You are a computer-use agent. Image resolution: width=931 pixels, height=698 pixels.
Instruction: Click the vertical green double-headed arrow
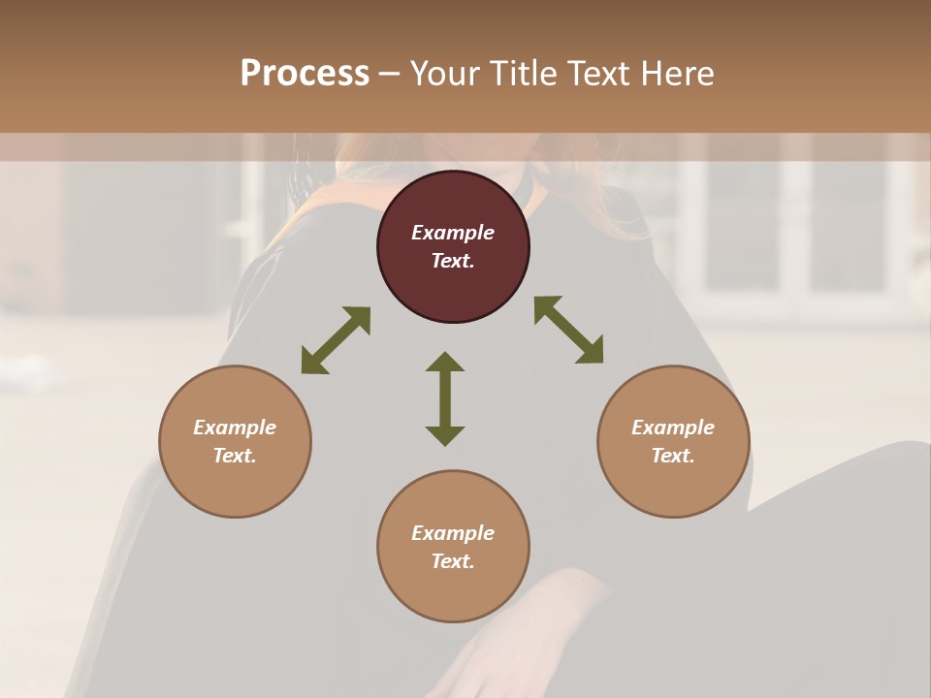click(x=445, y=398)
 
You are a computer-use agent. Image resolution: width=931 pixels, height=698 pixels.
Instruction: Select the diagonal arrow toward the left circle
click(x=336, y=340)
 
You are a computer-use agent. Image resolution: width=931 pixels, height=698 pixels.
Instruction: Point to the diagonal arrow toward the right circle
click(x=569, y=330)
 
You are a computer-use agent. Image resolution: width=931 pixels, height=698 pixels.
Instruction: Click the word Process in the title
click(x=305, y=74)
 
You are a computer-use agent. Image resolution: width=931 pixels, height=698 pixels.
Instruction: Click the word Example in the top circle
click(x=453, y=233)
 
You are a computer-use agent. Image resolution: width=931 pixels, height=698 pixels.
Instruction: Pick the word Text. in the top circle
click(x=453, y=261)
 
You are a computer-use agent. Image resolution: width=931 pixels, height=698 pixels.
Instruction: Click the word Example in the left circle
click(x=235, y=428)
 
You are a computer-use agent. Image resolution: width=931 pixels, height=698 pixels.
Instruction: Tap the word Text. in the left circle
click(x=235, y=456)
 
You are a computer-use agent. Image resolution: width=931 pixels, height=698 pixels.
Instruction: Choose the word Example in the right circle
click(x=673, y=428)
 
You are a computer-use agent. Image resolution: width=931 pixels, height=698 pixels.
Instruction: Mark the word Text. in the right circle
click(x=673, y=456)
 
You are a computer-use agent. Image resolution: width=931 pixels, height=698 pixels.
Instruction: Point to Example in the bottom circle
click(x=453, y=533)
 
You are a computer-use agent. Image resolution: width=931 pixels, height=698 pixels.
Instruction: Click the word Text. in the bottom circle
click(x=453, y=561)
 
